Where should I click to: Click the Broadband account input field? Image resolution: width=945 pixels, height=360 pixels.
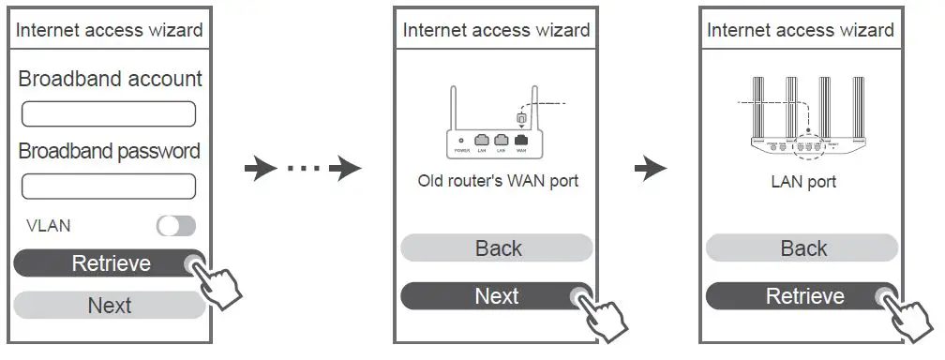coord(109,114)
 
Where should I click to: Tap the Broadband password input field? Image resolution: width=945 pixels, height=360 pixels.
coord(109,186)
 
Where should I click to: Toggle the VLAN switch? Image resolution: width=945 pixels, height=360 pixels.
coord(176,226)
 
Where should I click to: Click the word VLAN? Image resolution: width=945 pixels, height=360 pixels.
coord(48,226)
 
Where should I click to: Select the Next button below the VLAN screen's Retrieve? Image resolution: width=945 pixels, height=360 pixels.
coord(109,306)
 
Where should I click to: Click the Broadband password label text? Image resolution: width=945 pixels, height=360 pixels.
coord(109,151)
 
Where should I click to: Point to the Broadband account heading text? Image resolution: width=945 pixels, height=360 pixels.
coord(110,79)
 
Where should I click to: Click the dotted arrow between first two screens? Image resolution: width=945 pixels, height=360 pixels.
coord(303,170)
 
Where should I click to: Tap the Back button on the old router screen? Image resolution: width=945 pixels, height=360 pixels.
coord(497,248)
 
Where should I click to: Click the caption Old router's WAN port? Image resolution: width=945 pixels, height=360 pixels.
coord(497,181)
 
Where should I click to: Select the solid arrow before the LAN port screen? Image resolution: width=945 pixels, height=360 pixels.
coord(651,170)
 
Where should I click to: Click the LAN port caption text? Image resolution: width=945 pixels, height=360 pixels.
coord(802,181)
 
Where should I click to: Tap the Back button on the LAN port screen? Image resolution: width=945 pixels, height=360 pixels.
coord(802,248)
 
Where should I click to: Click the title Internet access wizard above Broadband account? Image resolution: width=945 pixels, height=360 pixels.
coord(109,30)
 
